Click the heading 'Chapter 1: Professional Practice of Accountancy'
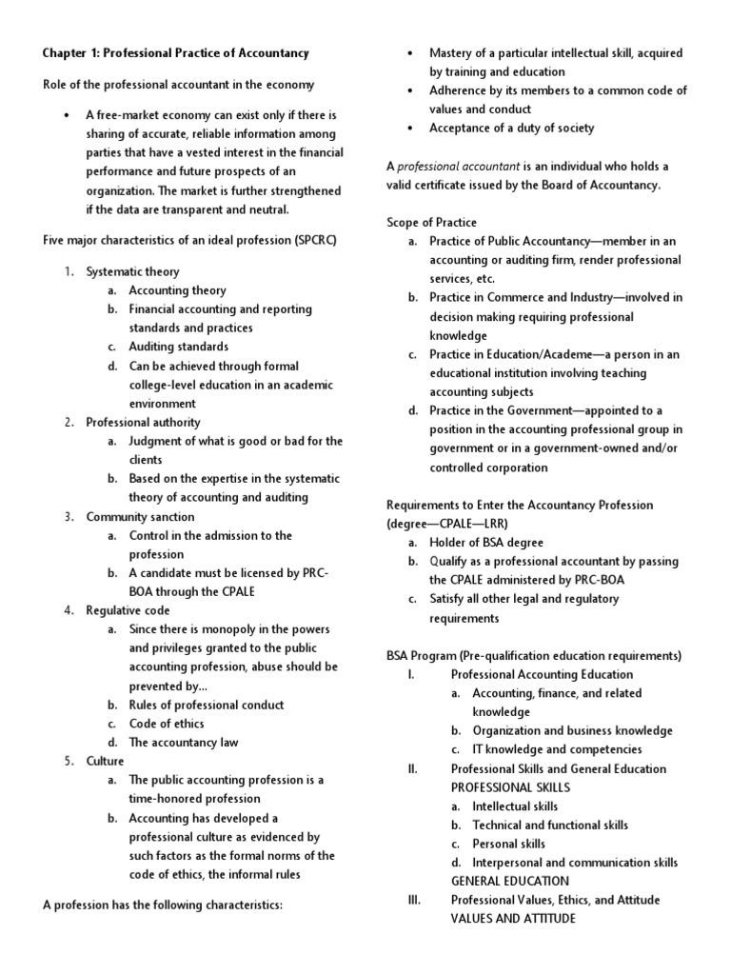click(176, 53)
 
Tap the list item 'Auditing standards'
click(179, 347)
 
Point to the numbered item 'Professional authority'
click(143, 422)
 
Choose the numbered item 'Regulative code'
click(128, 610)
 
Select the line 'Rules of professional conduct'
click(207, 705)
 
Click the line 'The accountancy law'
click(184, 742)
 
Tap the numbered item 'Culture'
click(106, 761)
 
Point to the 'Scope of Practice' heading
click(431, 222)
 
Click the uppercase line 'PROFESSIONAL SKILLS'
click(510, 787)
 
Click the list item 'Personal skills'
click(509, 844)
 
